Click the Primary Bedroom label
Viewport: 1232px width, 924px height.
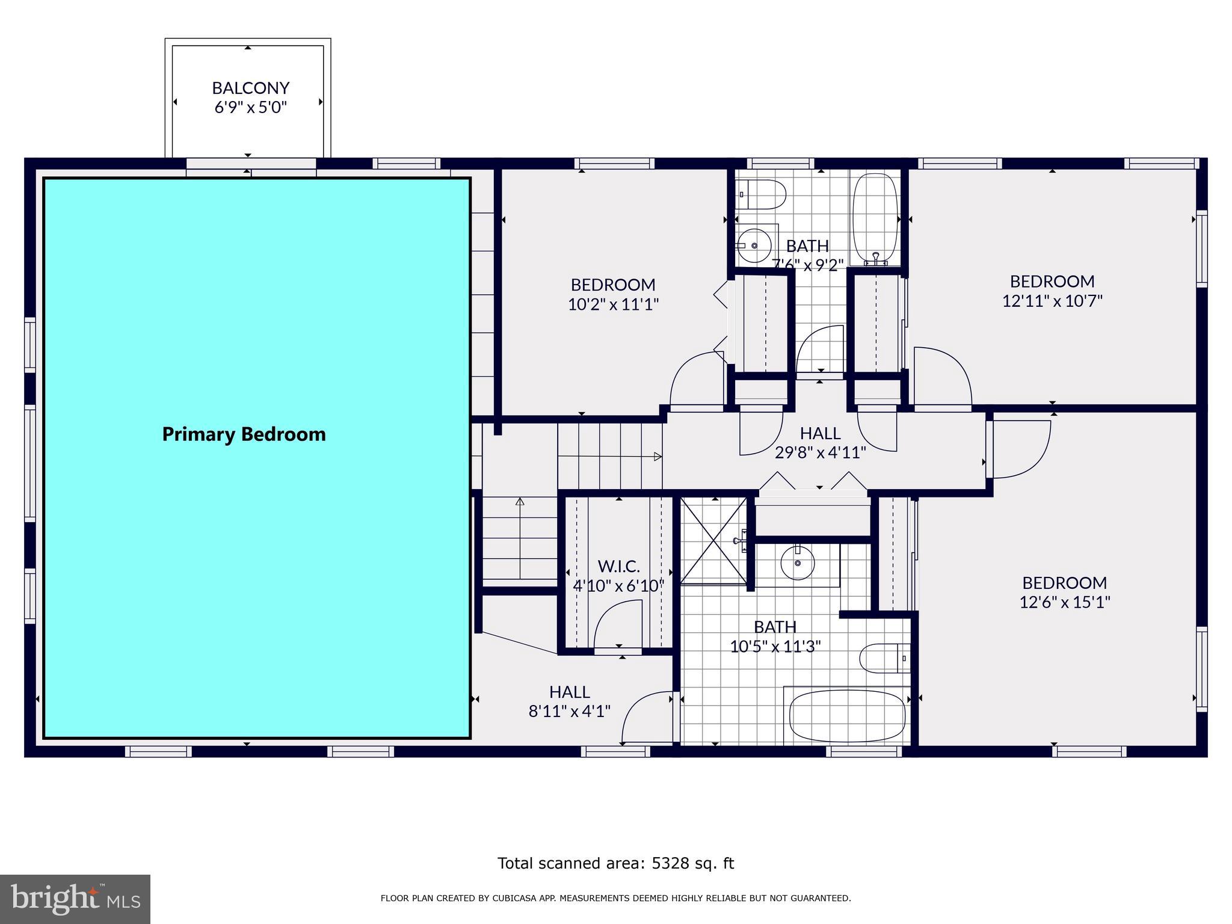coord(244,434)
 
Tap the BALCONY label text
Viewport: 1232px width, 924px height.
coord(251,88)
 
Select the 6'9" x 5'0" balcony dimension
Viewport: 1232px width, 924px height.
coord(251,108)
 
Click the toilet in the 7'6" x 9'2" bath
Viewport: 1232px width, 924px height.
coord(763,194)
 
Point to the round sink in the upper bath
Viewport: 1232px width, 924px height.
coord(754,245)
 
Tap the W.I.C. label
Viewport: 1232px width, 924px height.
coord(618,566)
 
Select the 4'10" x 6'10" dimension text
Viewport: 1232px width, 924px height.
coord(618,585)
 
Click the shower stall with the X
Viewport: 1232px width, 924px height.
coord(713,540)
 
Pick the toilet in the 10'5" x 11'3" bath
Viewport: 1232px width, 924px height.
coord(883,658)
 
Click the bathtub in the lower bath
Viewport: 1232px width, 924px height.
coord(847,717)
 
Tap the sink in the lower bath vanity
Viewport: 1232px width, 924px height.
coord(798,564)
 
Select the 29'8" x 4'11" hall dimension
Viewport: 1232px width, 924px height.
coord(820,452)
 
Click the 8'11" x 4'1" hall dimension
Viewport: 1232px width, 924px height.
coord(569,712)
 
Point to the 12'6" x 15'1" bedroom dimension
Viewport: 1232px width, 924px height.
coord(1064,602)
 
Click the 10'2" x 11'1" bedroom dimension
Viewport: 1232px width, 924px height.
coord(613,304)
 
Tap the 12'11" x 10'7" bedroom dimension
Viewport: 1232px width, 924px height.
coord(1052,301)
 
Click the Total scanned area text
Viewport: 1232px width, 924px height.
coord(615,863)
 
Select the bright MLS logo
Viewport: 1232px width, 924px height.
coord(75,899)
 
